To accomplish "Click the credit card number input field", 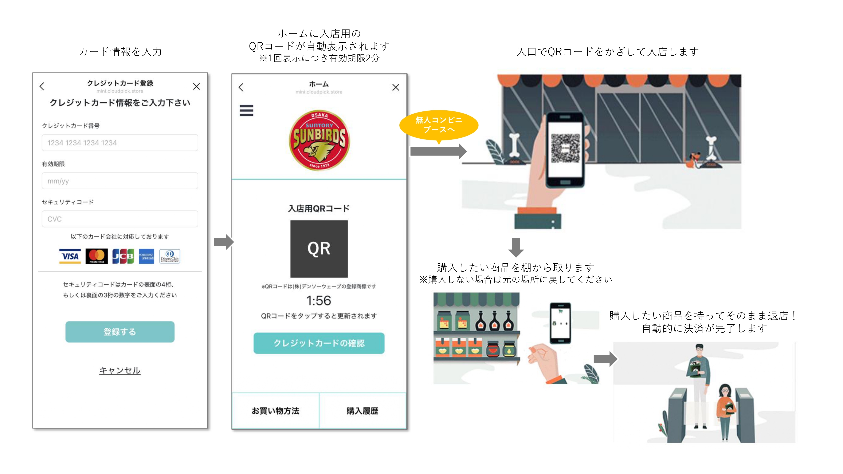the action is click(x=120, y=143).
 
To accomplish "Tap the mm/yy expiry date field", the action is click(x=120, y=181).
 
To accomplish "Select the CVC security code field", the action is click(x=120, y=219).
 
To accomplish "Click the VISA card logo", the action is click(x=70, y=256).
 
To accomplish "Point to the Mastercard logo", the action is click(x=97, y=256).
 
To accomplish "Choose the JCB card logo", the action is click(x=123, y=256).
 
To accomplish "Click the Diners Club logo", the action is click(x=169, y=256).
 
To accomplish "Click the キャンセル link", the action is click(x=120, y=370).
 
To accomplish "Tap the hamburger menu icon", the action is click(x=246, y=111).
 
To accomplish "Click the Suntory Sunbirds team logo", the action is click(x=319, y=140).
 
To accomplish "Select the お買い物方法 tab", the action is click(x=275, y=411).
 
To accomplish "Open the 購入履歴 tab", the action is click(x=362, y=411).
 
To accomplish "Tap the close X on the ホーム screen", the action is click(x=396, y=87).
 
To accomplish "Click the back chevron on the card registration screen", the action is click(x=42, y=86).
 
